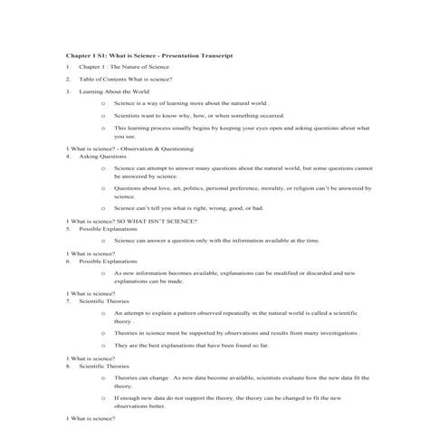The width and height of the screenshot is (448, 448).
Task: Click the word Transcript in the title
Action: pos(214,56)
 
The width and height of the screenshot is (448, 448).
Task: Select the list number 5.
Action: pos(68,229)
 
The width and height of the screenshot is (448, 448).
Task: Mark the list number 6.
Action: pos(68,262)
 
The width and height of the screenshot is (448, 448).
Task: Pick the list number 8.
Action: pos(68,366)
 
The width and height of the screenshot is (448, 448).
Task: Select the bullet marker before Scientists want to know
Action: pos(104,116)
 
